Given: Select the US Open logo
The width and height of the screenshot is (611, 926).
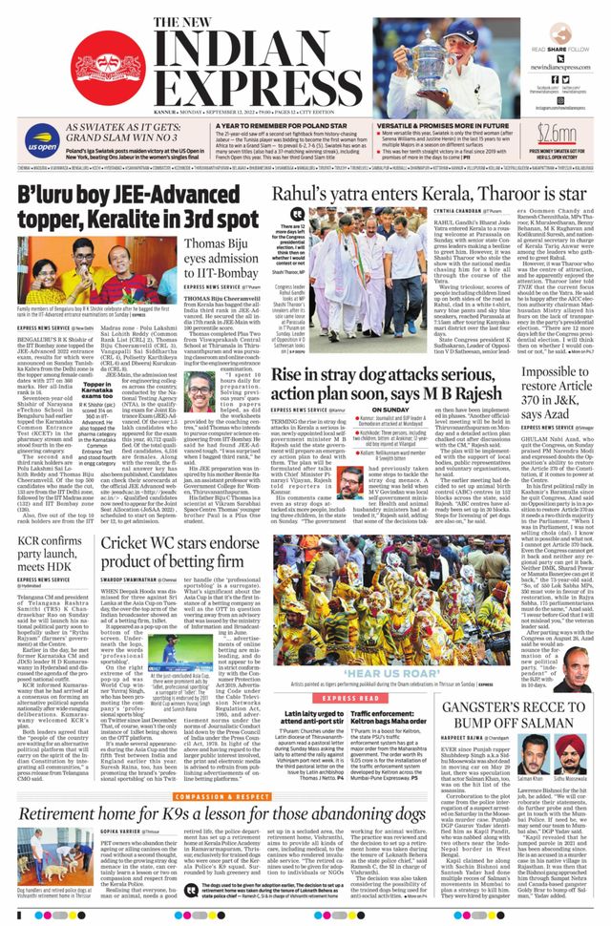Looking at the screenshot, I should click(x=41, y=146).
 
